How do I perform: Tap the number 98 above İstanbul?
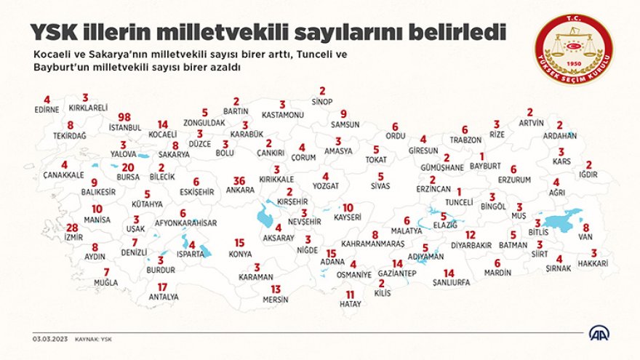click(124, 117)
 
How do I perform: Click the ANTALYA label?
click(163, 297)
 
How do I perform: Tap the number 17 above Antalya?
click(162, 287)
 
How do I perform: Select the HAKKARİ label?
click(594, 263)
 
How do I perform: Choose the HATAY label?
click(350, 304)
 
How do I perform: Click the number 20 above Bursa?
click(128, 167)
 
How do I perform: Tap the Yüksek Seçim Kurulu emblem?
click(574, 49)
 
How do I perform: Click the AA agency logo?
click(599, 333)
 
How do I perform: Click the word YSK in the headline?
click(54, 32)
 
